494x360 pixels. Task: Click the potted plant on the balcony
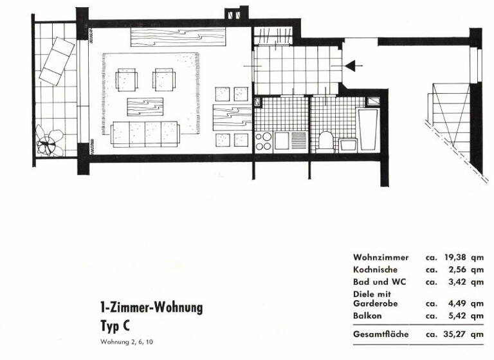[x=50, y=140]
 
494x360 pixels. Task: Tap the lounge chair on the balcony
[x=57, y=60]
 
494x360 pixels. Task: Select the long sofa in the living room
[x=145, y=134]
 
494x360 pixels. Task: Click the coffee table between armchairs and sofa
[x=145, y=105]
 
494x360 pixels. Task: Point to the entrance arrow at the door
[x=354, y=66]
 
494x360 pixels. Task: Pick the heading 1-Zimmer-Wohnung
[x=151, y=308]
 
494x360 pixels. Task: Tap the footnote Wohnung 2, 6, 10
[x=127, y=341]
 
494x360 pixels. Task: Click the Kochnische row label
[x=375, y=270]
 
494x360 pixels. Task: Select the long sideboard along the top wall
[x=178, y=37]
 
